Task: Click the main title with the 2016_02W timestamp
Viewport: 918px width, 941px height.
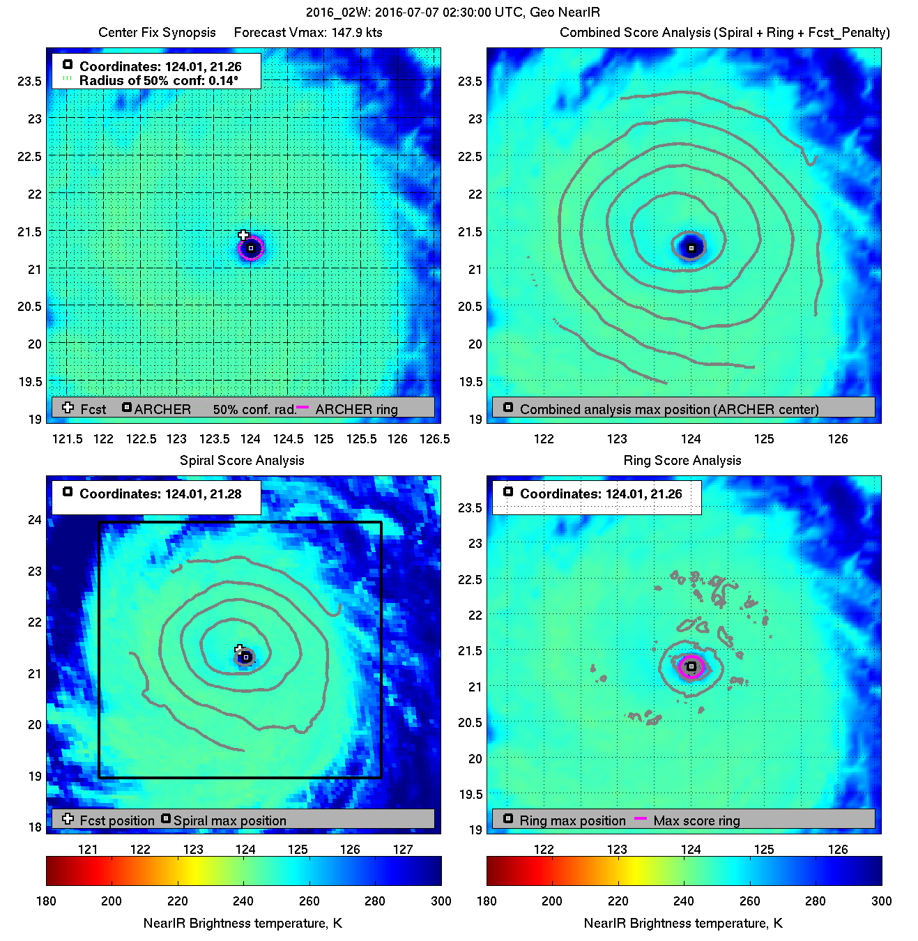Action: pyautogui.click(x=453, y=13)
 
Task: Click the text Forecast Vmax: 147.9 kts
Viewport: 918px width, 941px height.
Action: pyautogui.click(x=308, y=33)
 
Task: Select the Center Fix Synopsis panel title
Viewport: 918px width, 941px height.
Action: pyautogui.click(x=157, y=33)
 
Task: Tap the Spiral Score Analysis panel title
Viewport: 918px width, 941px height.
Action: pyautogui.click(x=242, y=461)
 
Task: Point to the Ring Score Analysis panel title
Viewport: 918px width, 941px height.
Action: pyautogui.click(x=682, y=461)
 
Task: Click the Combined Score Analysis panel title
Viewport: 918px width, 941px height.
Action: pyautogui.click(x=725, y=33)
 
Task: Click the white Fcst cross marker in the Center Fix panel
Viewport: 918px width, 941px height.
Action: pyautogui.click(x=243, y=235)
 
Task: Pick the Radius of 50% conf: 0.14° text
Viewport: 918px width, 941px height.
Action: pyautogui.click(x=158, y=80)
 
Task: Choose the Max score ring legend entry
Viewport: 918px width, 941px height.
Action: pyautogui.click(x=696, y=820)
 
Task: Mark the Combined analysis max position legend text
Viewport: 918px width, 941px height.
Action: pyautogui.click(x=669, y=409)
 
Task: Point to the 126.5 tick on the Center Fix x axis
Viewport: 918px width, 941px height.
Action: pyautogui.click(x=435, y=439)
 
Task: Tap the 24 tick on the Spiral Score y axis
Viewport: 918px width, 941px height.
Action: pyautogui.click(x=35, y=520)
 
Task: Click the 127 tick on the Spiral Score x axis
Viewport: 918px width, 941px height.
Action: pyautogui.click(x=403, y=850)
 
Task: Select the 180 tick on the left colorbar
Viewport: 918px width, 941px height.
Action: pyautogui.click(x=46, y=901)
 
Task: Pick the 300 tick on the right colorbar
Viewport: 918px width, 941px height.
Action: pyautogui.click(x=881, y=901)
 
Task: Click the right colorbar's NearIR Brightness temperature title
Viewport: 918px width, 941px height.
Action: pyautogui.click(x=683, y=924)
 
